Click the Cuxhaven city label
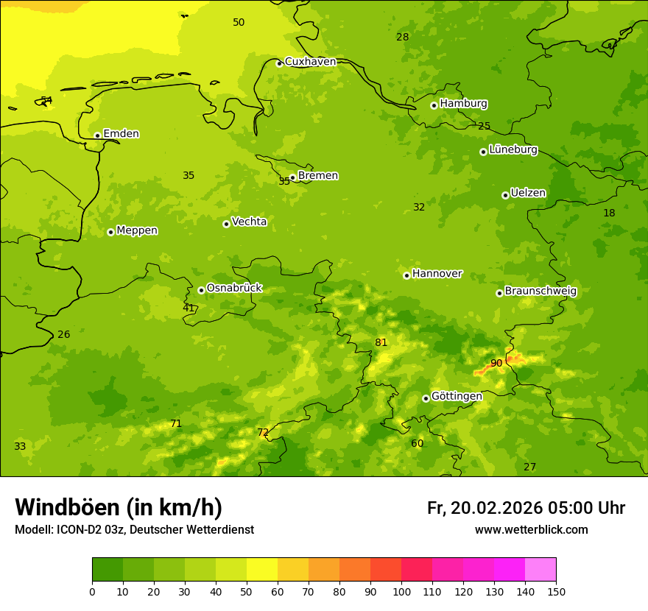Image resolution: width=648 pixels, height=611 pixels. pos(310,62)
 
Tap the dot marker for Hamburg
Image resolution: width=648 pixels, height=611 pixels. pos(434,105)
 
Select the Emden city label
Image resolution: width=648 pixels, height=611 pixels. pos(121,134)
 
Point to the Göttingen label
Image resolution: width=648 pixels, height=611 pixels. pos(457,396)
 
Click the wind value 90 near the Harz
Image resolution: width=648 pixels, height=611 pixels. pos(496,363)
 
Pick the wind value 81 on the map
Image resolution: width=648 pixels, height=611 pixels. pos(381,342)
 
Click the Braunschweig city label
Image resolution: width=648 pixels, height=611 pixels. pos(540,291)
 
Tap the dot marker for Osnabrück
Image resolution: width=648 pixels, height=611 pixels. pos(201,290)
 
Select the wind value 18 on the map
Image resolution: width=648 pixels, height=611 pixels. pos(609,213)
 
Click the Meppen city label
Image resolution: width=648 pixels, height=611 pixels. pos(137,230)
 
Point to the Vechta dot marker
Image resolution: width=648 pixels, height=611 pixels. pos(226,224)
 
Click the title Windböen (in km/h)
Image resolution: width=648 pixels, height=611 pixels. pos(119,507)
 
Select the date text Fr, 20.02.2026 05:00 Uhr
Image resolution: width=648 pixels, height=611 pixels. pos(526,508)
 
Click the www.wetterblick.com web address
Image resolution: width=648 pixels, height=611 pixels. pos(531,529)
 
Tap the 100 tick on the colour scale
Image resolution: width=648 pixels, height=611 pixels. pos(401,591)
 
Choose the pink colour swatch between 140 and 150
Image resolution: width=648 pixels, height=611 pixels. pos(540,569)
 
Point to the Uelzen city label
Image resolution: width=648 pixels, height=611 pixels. pos(528,193)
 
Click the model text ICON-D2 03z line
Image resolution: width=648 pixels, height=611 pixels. pos(134,529)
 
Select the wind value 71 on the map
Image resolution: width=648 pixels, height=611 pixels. pos(176,423)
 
